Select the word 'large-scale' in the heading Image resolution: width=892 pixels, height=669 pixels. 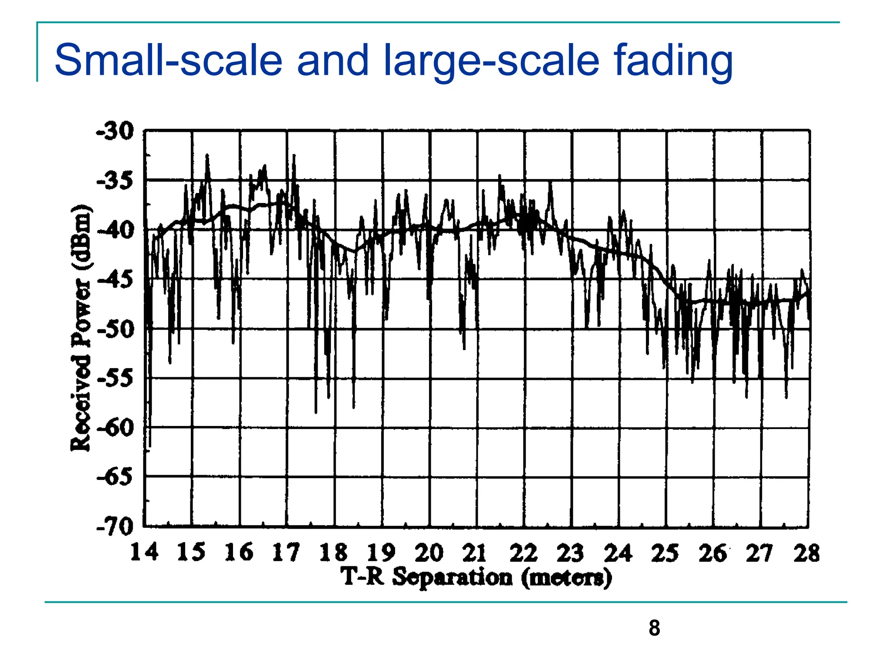tap(492, 61)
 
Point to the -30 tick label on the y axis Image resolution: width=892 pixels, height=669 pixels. tap(115, 131)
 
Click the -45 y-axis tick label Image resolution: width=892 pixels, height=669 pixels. tap(115, 279)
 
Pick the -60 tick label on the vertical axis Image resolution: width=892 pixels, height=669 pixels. tap(115, 428)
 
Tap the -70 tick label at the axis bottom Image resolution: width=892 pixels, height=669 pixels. tap(115, 527)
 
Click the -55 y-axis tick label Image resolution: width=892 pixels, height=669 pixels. tap(115, 378)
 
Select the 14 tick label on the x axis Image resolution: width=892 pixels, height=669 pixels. tap(144, 552)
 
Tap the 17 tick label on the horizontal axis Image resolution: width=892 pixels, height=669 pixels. tap(286, 552)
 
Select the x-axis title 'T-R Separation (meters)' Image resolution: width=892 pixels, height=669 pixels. tap(476, 578)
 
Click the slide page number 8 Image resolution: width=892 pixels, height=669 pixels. tap(654, 628)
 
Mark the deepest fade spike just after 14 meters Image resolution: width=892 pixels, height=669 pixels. tap(150, 444)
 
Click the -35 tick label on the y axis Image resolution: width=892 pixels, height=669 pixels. tap(115, 181)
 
